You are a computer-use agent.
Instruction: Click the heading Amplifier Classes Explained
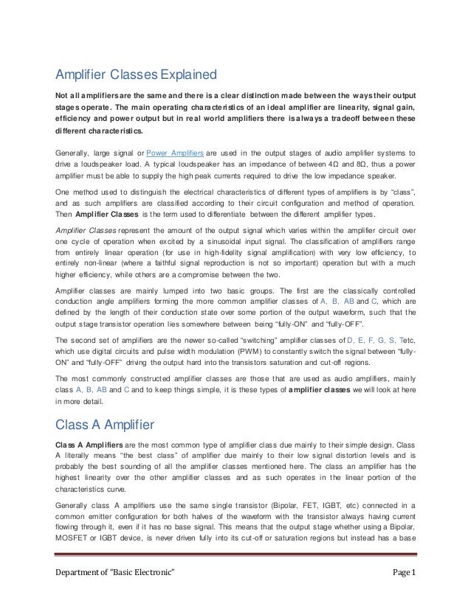[136, 74]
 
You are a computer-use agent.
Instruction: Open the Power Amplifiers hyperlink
[175, 153]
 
